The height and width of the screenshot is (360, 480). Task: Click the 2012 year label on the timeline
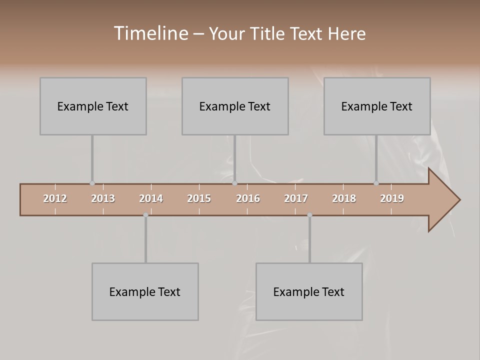55,198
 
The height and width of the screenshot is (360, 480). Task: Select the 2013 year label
103,198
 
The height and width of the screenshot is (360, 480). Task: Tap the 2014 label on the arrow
151,198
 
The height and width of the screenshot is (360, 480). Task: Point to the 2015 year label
199,198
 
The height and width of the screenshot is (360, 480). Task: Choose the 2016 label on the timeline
248,198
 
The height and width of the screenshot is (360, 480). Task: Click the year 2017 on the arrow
296,198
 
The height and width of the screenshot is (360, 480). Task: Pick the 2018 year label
344,198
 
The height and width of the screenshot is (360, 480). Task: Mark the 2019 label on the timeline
392,198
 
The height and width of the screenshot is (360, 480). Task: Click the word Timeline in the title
150,33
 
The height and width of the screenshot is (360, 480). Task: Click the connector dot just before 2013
92,183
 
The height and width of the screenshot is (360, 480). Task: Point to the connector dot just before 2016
235,183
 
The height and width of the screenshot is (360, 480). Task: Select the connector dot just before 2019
376,183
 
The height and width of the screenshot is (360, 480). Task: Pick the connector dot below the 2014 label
145,215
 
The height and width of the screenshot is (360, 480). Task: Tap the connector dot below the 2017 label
309,215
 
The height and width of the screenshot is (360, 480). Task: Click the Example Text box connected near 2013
93,106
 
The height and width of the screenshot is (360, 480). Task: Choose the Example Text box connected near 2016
235,106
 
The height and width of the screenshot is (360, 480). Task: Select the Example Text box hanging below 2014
145,291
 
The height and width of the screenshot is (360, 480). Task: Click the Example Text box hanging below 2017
309,291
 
